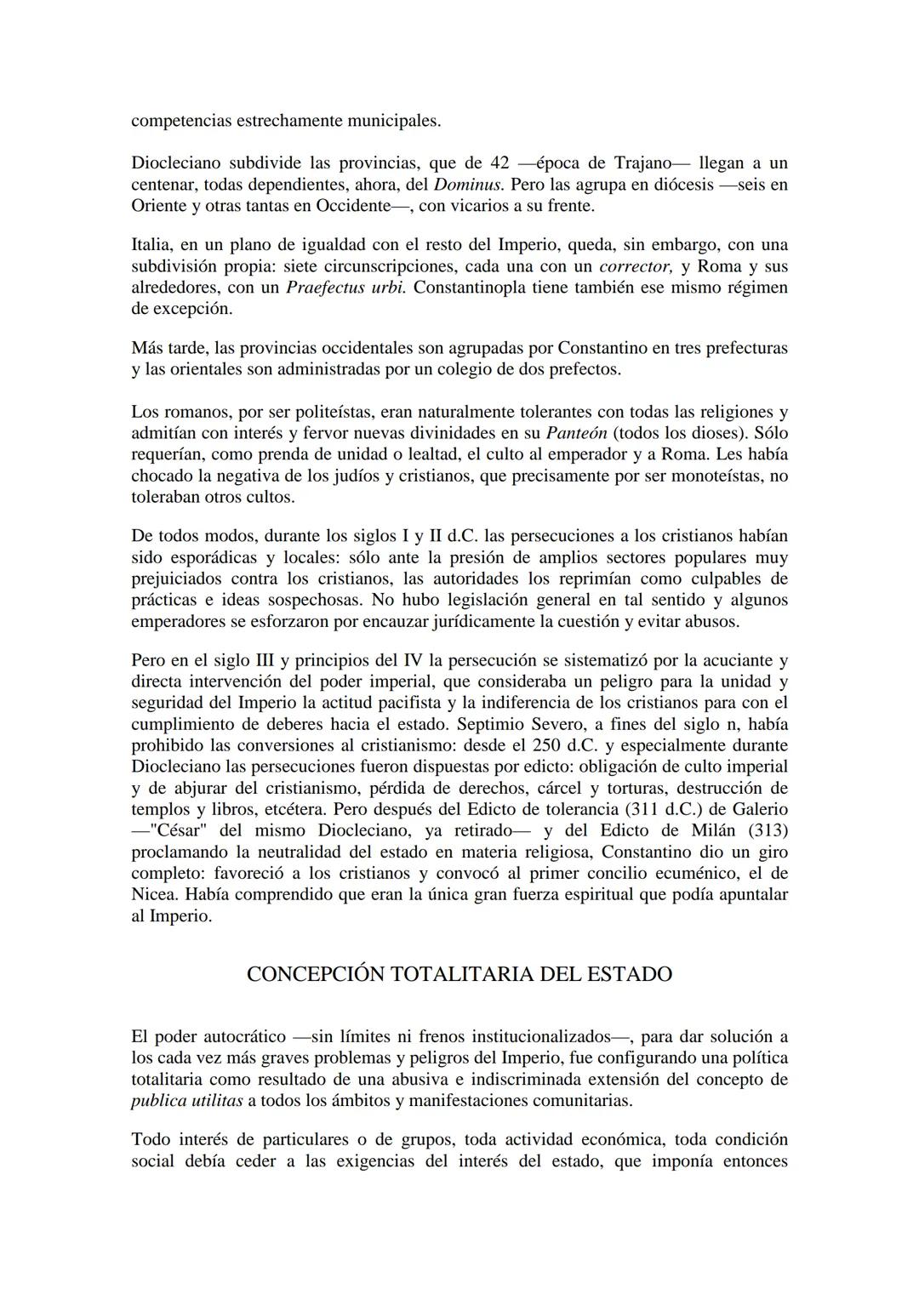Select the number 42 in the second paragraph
[x=501, y=163]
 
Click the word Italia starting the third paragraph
[x=150, y=245]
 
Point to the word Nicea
[x=154, y=894]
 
